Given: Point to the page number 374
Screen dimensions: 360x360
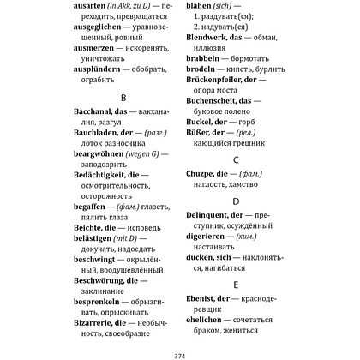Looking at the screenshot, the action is [179, 353].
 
